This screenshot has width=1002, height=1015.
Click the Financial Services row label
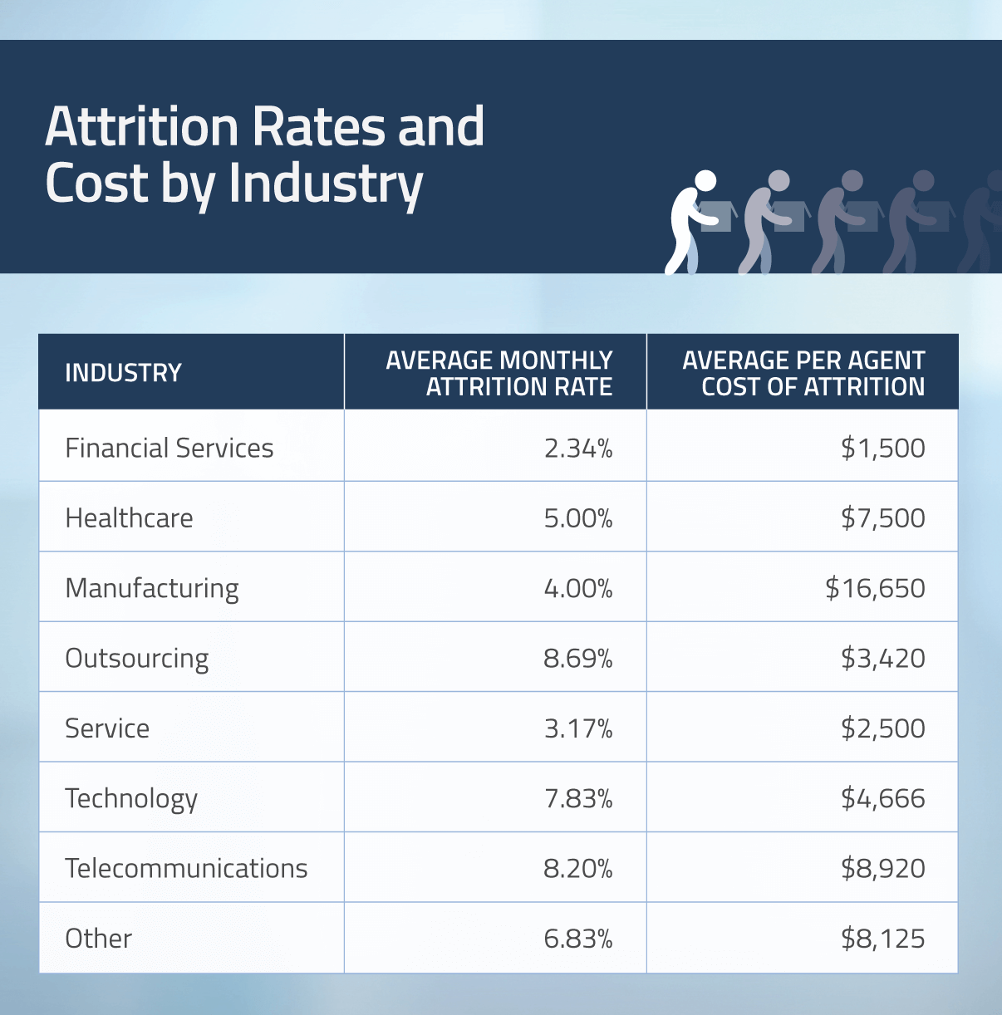[x=169, y=449]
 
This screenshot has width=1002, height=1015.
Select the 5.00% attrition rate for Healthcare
[x=577, y=518]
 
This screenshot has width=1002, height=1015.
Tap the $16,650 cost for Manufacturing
[x=875, y=588]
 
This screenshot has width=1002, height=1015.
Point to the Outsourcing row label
[x=137, y=659]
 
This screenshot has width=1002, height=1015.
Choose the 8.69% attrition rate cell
[x=577, y=659]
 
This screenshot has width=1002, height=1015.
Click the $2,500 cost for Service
[x=882, y=728]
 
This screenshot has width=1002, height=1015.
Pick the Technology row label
[x=131, y=799]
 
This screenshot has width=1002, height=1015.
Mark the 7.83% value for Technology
[x=577, y=799]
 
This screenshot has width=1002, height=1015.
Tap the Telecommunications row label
[x=186, y=869]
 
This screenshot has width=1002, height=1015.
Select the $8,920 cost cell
[x=882, y=869]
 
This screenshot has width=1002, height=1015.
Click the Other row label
[x=98, y=939]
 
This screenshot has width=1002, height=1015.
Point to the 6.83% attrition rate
[x=577, y=939]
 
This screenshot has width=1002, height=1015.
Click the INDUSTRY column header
[x=123, y=373]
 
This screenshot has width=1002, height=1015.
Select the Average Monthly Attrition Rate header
[x=499, y=373]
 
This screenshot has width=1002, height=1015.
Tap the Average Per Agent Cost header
[x=803, y=373]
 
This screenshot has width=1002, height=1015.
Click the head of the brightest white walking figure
[x=705, y=180]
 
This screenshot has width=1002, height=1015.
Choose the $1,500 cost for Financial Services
[x=882, y=449]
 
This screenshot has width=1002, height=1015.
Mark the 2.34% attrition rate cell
[x=577, y=449]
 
